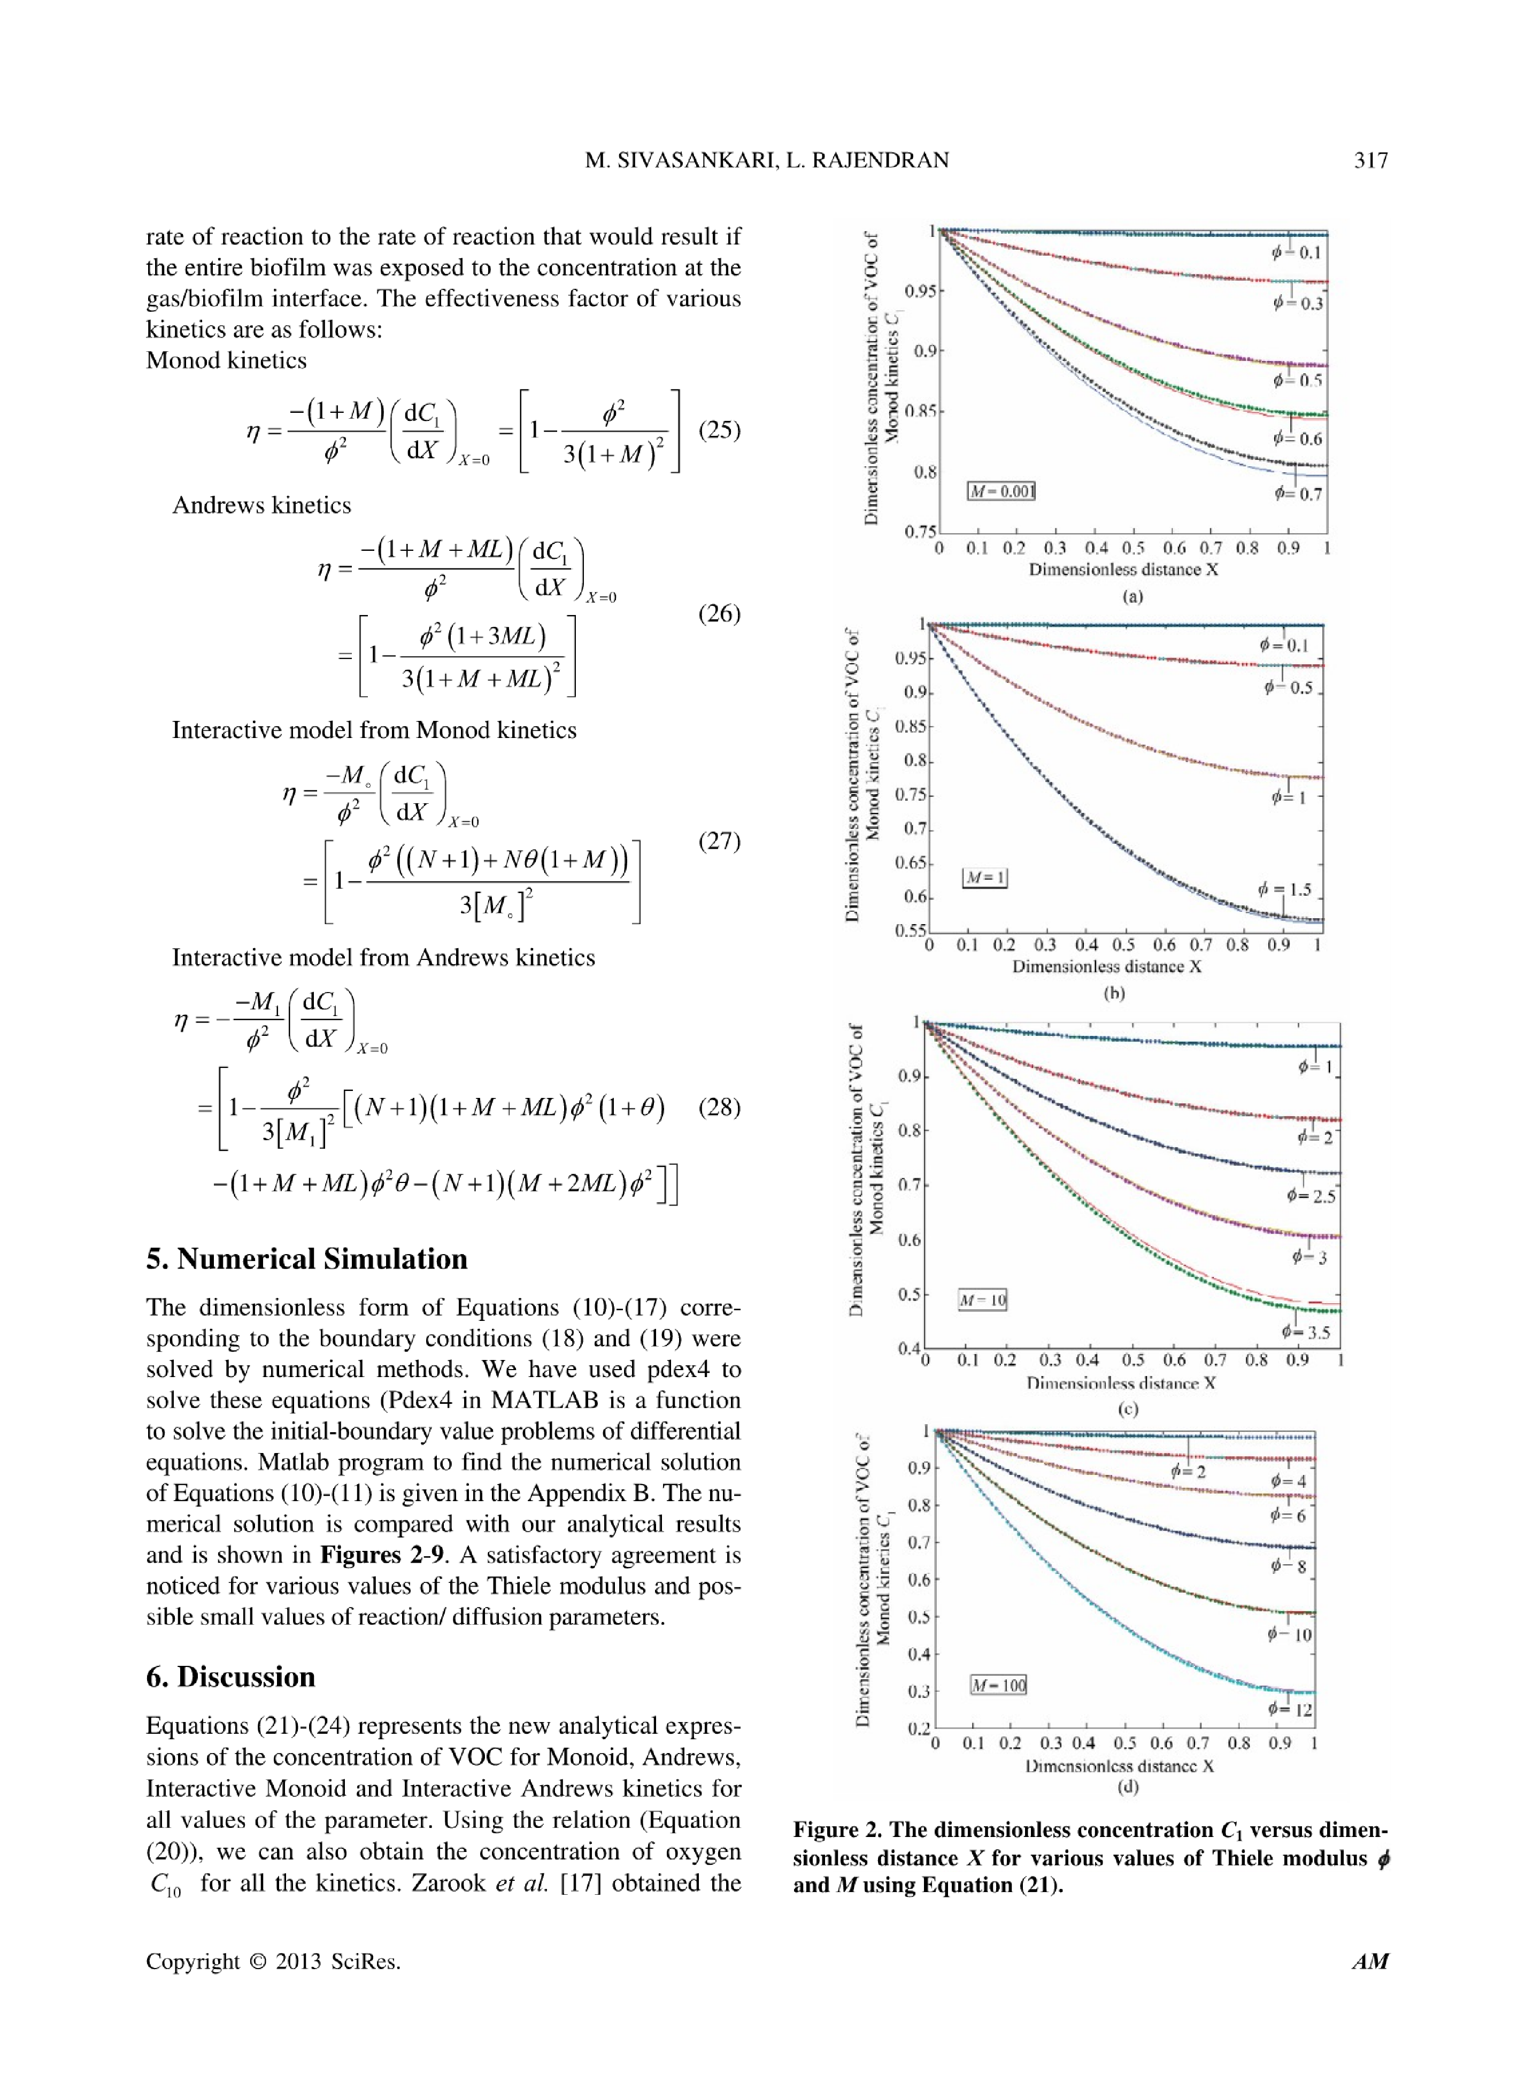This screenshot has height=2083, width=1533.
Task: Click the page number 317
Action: (1370, 160)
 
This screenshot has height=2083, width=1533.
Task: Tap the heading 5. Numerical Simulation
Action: (306, 1259)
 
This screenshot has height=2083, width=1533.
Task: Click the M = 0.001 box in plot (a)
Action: (1000, 491)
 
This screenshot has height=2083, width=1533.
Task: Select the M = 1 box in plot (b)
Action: (984, 877)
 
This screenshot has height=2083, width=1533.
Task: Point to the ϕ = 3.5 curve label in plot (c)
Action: (1306, 1332)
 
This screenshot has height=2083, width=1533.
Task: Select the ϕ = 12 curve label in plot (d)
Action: (1290, 1709)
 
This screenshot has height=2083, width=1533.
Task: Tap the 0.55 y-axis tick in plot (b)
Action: (910, 931)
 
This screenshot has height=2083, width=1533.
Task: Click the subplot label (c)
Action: (1128, 1409)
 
